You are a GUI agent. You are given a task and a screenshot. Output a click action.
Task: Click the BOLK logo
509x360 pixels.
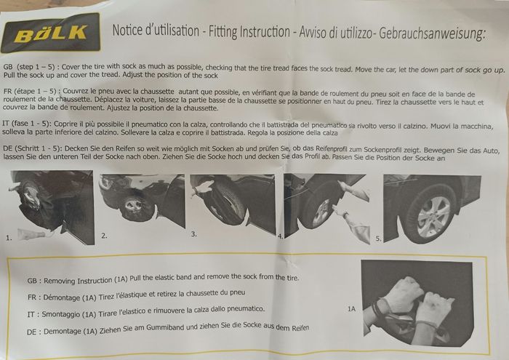click(50, 33)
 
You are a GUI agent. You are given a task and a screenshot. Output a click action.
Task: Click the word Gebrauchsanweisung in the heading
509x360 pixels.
click(432, 33)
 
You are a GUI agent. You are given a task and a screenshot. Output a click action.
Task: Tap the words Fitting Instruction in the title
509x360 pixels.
click(249, 32)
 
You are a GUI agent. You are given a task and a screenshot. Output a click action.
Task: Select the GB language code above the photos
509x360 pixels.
click(8, 67)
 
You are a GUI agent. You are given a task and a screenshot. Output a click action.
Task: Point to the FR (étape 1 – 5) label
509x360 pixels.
click(31, 91)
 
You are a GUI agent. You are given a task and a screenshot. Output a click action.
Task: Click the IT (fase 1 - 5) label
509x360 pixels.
click(25, 124)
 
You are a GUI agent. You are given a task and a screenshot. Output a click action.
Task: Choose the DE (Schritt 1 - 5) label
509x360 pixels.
click(32, 148)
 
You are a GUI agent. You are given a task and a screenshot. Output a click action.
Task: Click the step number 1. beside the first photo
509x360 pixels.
click(9, 238)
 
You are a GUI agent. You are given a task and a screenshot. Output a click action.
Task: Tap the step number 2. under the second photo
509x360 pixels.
click(104, 236)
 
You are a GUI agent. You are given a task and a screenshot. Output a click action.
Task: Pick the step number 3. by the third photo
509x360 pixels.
click(194, 234)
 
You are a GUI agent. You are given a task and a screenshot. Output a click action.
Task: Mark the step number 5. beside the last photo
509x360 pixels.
click(378, 239)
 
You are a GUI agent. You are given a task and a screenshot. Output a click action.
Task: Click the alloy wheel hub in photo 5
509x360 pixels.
click(434, 217)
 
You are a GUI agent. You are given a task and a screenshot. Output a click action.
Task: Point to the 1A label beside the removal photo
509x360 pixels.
click(351, 308)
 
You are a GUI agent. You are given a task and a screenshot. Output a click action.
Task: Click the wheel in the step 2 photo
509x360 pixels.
click(137, 208)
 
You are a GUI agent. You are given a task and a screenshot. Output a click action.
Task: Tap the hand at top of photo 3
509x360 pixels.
click(202, 188)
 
